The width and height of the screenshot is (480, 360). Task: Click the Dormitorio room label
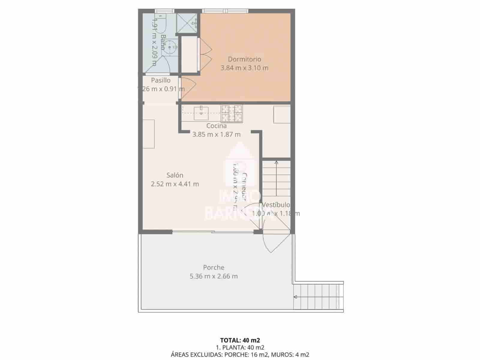244,59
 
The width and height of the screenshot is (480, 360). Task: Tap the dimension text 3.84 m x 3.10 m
244,68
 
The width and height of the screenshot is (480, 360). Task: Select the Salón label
175,175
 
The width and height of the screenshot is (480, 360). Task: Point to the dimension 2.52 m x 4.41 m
175,184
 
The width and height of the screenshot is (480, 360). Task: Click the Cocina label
216,126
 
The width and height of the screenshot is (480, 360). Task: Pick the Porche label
214,267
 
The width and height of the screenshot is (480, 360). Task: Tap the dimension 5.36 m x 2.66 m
214,276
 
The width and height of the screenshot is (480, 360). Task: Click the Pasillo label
160,80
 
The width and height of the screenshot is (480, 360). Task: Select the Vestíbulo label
276,205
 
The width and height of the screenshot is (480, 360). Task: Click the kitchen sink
201,113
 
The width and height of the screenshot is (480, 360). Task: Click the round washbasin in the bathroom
170,47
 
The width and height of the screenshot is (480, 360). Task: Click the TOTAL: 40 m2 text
240,340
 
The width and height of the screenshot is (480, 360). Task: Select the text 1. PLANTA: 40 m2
240,348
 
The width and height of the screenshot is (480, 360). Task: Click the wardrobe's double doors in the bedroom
205,54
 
